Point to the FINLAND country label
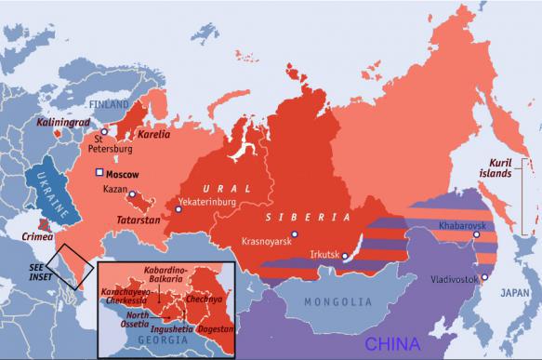click(110, 106)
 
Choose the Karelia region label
click(154, 134)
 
